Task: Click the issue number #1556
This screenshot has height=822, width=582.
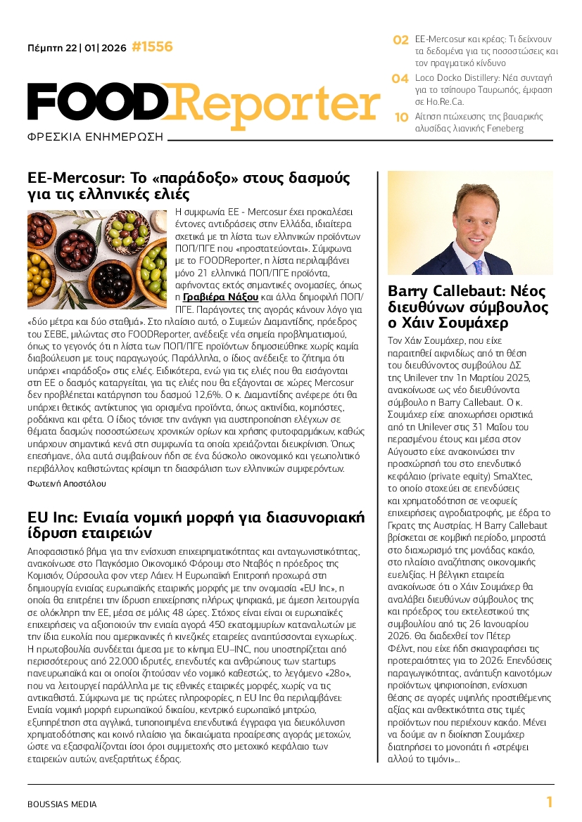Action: pos(152,47)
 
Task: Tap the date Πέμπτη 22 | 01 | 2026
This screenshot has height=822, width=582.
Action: pos(77,48)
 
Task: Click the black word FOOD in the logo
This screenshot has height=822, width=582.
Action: pos(99,102)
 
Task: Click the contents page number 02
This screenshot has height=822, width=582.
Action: pos(400,41)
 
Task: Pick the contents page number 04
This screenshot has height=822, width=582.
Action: pos(400,79)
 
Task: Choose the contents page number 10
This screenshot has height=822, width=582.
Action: pos(401,117)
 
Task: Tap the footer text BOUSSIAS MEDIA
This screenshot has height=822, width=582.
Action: pos(62,804)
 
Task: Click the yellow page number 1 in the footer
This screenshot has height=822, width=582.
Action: pos(549,802)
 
